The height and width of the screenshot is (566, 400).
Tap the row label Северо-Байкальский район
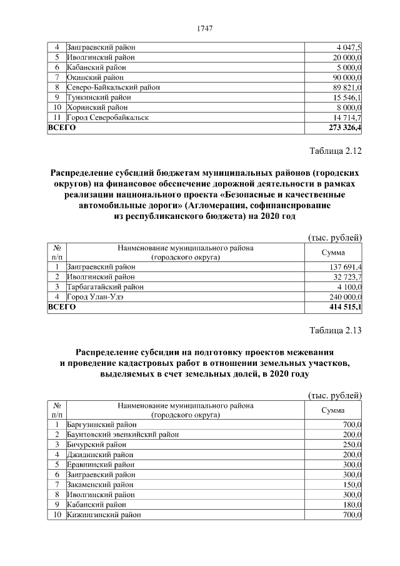112,87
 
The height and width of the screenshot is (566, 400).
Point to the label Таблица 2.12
336,151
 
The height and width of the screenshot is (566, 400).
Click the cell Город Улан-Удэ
94,297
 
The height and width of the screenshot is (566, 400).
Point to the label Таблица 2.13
336,331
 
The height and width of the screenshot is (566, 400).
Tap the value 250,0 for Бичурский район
352,444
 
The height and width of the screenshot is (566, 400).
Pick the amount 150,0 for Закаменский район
352,484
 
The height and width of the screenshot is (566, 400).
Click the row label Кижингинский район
103,514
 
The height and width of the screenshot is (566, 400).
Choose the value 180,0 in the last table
352,504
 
